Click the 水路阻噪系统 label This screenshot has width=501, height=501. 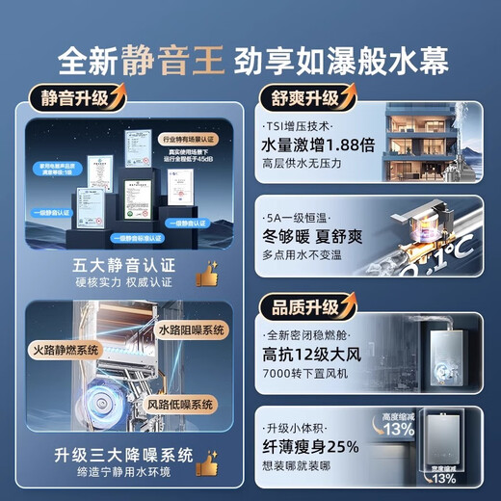tap(192, 330)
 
